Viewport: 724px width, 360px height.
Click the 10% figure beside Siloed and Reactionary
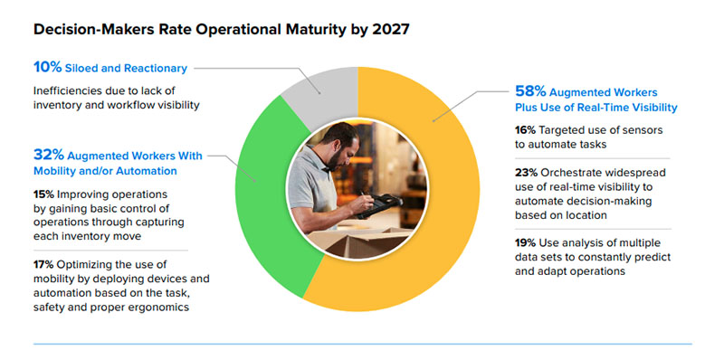point(48,68)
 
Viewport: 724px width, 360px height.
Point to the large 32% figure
point(49,155)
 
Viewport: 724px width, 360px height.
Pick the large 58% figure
point(530,92)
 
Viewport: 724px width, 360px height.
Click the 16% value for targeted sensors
point(525,130)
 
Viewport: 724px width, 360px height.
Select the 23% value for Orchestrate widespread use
point(526,173)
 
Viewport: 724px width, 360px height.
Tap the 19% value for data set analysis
point(526,242)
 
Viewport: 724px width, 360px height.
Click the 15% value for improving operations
point(43,194)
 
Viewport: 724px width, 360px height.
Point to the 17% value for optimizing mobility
point(43,264)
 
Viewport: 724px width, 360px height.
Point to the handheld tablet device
point(379,205)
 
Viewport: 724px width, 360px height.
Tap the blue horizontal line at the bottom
point(363,344)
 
